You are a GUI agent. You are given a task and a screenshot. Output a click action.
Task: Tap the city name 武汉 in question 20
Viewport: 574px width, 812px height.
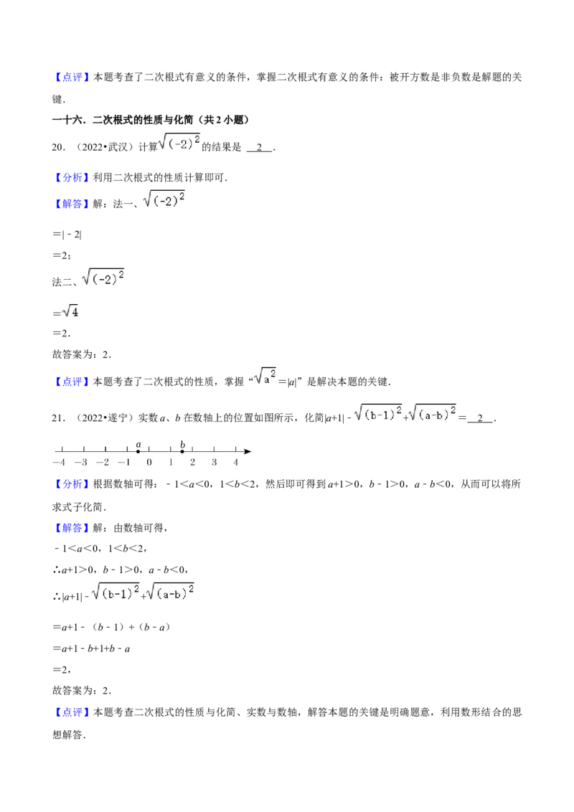coord(117,148)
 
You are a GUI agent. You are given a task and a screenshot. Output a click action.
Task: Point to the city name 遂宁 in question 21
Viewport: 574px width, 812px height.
coord(117,418)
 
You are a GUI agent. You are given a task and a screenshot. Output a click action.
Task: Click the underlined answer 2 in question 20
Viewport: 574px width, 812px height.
coord(259,148)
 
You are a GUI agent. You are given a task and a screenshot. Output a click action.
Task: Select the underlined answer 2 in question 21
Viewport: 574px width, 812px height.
coord(480,418)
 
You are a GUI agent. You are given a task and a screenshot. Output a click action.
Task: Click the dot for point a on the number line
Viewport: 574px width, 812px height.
coord(138,452)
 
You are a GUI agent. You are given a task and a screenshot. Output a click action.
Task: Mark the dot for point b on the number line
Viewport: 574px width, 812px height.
coord(182,452)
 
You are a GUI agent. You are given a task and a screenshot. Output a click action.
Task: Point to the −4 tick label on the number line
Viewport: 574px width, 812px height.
coord(59,463)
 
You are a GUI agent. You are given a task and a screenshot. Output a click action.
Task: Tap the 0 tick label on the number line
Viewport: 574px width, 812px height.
coord(149,463)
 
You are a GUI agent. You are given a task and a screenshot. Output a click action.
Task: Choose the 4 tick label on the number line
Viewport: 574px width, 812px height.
coord(236,463)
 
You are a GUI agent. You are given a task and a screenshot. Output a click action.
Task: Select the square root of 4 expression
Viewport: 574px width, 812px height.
coord(70,311)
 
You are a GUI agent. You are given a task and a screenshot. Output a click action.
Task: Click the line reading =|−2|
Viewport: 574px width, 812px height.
coord(67,235)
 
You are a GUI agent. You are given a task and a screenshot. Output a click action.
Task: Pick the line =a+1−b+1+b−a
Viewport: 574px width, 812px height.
coord(91,648)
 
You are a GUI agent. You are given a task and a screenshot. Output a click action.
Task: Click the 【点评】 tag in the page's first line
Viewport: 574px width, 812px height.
coord(72,77)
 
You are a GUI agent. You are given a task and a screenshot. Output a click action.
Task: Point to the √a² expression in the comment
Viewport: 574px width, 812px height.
coord(265,376)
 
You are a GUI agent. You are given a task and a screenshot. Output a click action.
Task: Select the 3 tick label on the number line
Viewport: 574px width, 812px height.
coord(214,463)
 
